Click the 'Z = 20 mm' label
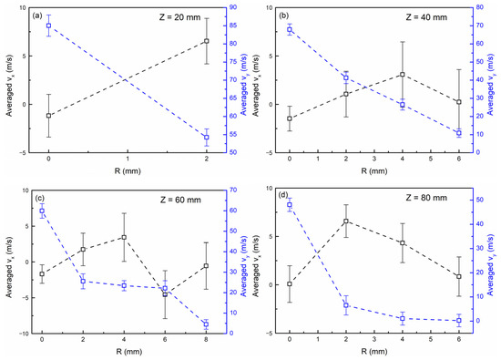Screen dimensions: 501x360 coord(179,17)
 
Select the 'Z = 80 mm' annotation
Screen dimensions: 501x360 coord(426,198)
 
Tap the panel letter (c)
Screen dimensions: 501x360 coord(40,198)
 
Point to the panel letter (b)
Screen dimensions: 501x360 coord(283,15)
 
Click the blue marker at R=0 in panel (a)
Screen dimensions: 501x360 coord(48,26)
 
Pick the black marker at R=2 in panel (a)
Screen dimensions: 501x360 coord(207,41)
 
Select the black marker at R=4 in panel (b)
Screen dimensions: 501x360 coord(403,75)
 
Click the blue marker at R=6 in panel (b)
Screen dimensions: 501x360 coord(459,133)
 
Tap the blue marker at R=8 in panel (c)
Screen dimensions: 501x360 coord(206,324)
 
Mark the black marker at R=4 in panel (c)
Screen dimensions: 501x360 coord(124,237)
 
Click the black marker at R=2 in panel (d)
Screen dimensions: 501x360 coord(346,221)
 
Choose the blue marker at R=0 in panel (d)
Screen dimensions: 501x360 coord(290,205)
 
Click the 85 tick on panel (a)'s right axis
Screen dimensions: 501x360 coord(233,26)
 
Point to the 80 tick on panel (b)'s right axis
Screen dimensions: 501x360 coord(479,7)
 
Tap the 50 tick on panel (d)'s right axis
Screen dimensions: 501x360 coord(480,201)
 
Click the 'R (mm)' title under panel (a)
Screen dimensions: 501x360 coord(128,171)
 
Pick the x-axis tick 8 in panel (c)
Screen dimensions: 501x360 coord(206,340)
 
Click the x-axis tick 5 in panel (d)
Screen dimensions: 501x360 coord(430,340)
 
